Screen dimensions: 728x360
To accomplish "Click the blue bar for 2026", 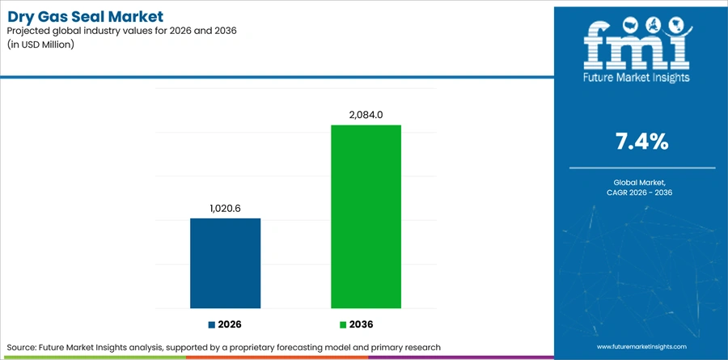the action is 225,264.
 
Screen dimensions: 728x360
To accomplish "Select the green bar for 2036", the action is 366,217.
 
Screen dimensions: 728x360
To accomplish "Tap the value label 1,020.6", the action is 225,209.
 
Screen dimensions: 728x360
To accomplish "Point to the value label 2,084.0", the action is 366,115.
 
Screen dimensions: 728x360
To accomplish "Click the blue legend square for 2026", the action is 212,325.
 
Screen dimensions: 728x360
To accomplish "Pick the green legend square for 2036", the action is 343,325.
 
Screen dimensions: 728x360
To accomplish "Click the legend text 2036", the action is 361,325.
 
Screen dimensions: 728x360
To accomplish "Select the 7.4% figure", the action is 642,142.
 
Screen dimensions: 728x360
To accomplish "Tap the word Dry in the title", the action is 20,18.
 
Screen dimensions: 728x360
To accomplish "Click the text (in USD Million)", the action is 41,45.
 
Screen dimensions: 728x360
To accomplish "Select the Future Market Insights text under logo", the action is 637,77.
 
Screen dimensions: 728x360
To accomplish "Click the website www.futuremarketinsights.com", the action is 641,346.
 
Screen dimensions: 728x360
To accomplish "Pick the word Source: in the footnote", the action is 23,347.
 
